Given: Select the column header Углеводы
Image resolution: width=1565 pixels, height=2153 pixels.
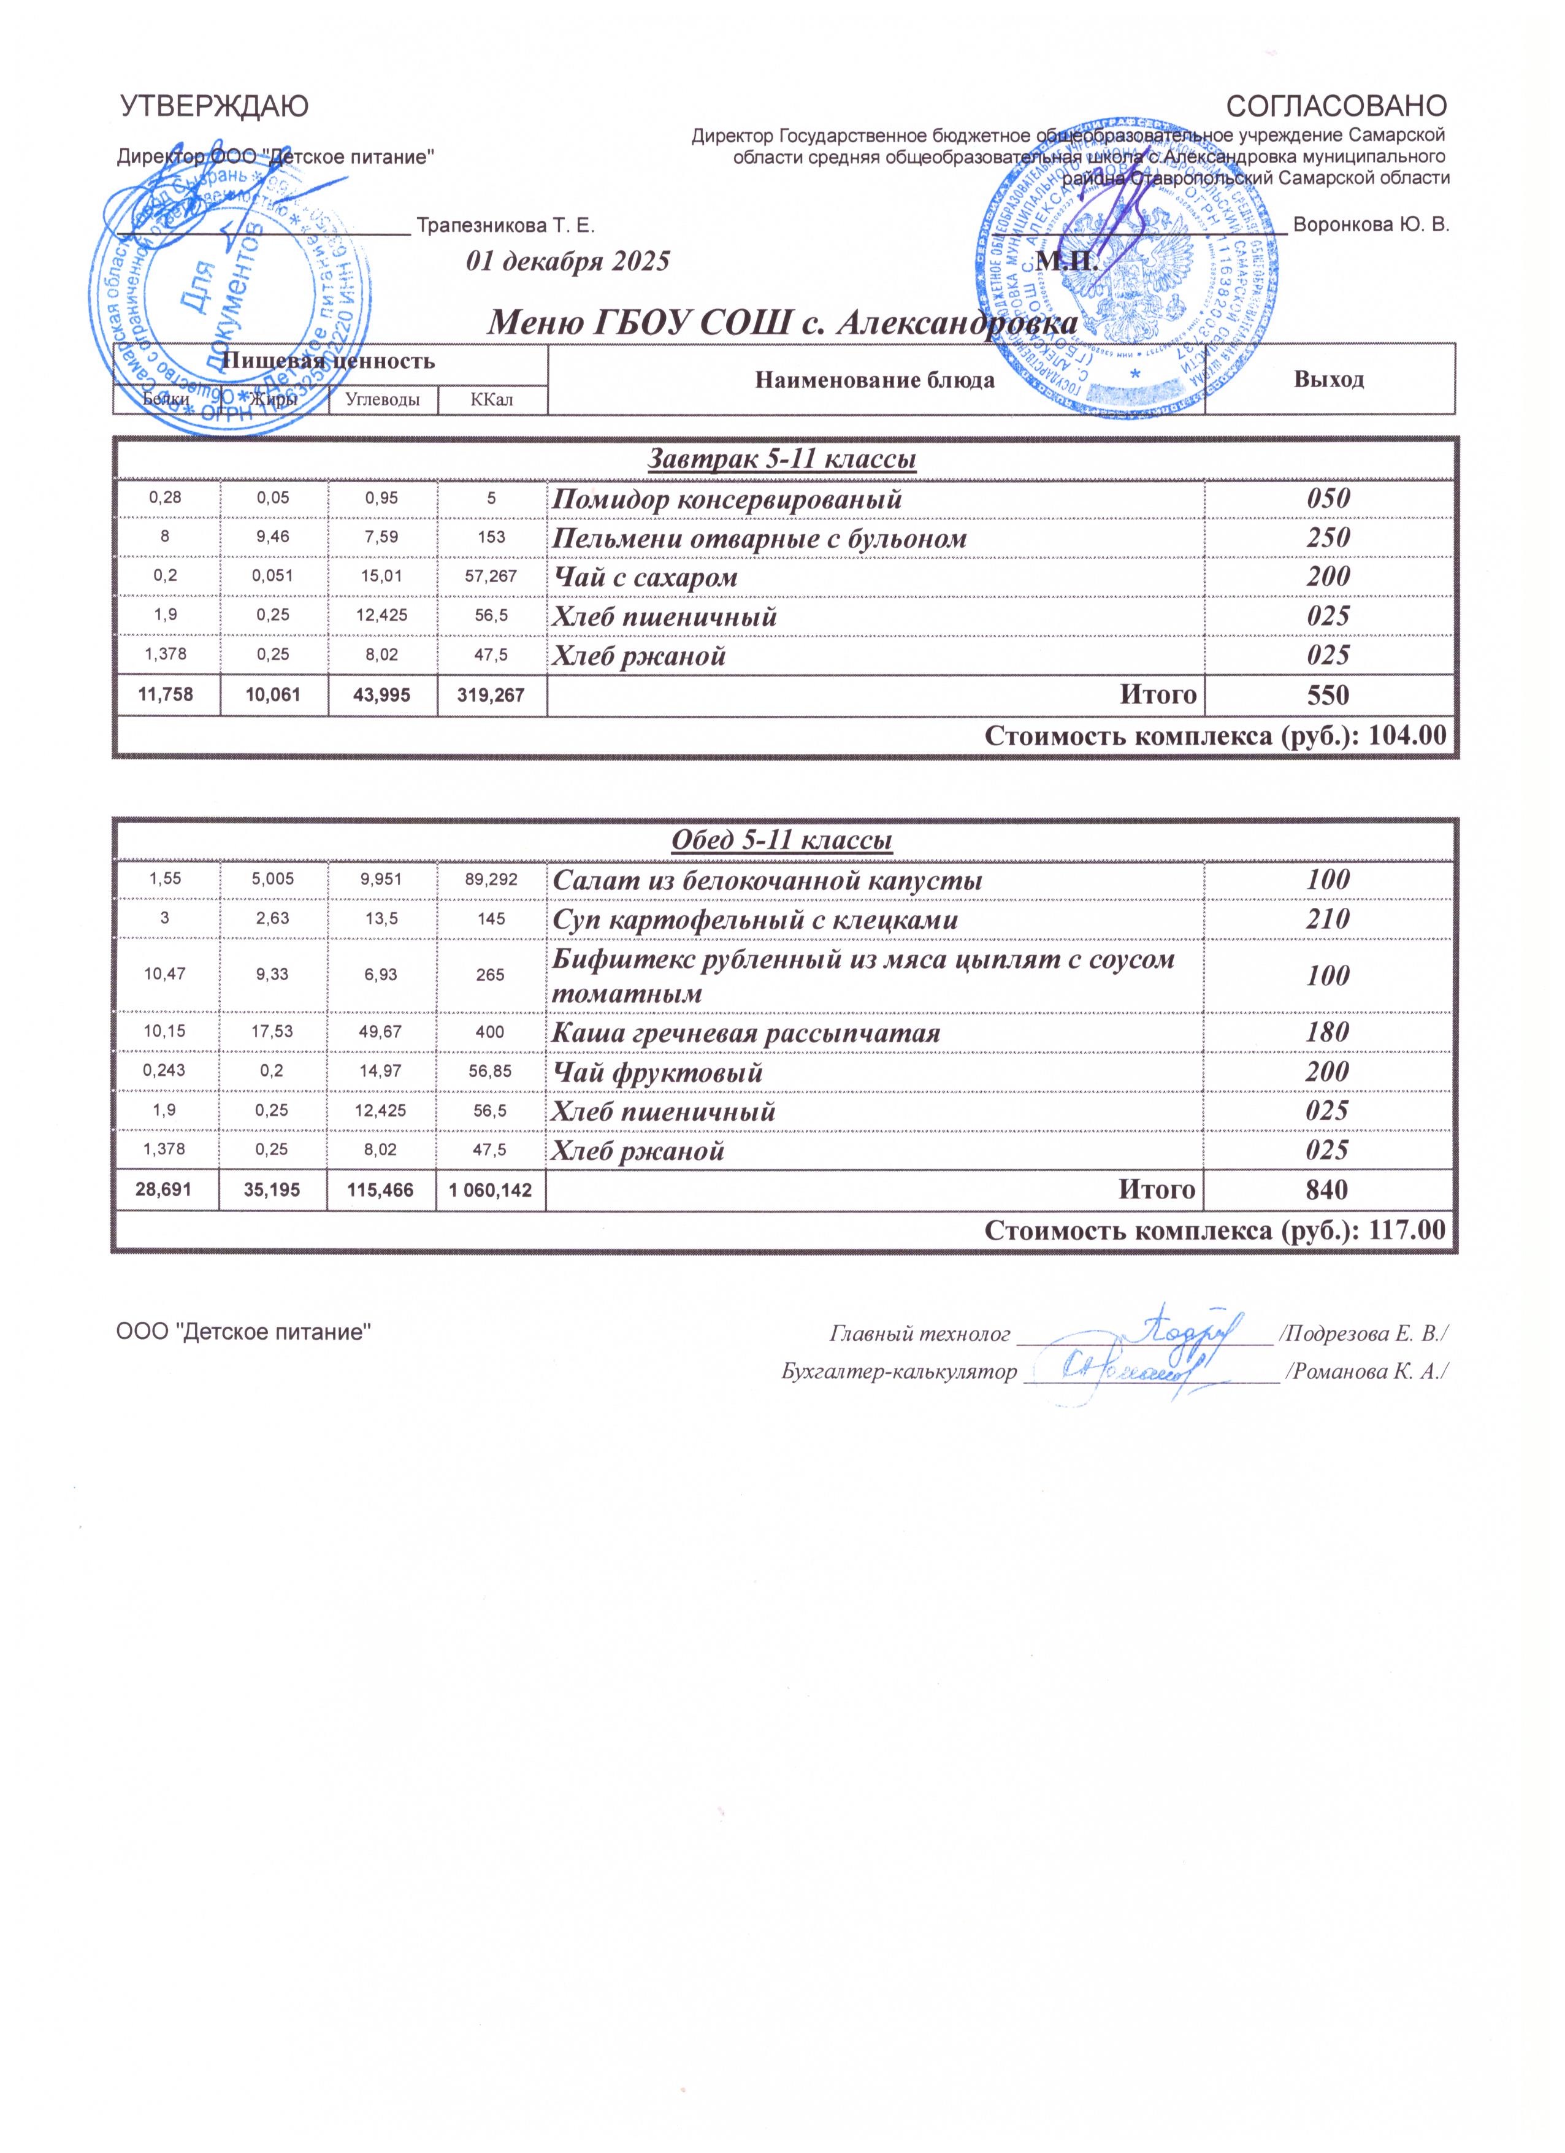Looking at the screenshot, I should coord(383,400).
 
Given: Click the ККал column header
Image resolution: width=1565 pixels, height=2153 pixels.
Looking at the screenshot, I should coord(492,400).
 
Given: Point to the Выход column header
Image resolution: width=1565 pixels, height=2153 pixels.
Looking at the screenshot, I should coord(1329,380).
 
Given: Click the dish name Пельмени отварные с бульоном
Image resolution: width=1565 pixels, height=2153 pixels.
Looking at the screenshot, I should coord(760,539).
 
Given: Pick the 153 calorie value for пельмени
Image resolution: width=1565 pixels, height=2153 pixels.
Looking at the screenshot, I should coord(492,539).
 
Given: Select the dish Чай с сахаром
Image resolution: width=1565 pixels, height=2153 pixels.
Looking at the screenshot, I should coord(645,577).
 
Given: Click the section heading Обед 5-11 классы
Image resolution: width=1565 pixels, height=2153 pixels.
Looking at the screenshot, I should coord(781,840).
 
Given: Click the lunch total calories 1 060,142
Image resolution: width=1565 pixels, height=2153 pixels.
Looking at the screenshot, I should coord(491,1189).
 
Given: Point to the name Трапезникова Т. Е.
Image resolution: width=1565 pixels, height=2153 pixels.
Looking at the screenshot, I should coord(506,226).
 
